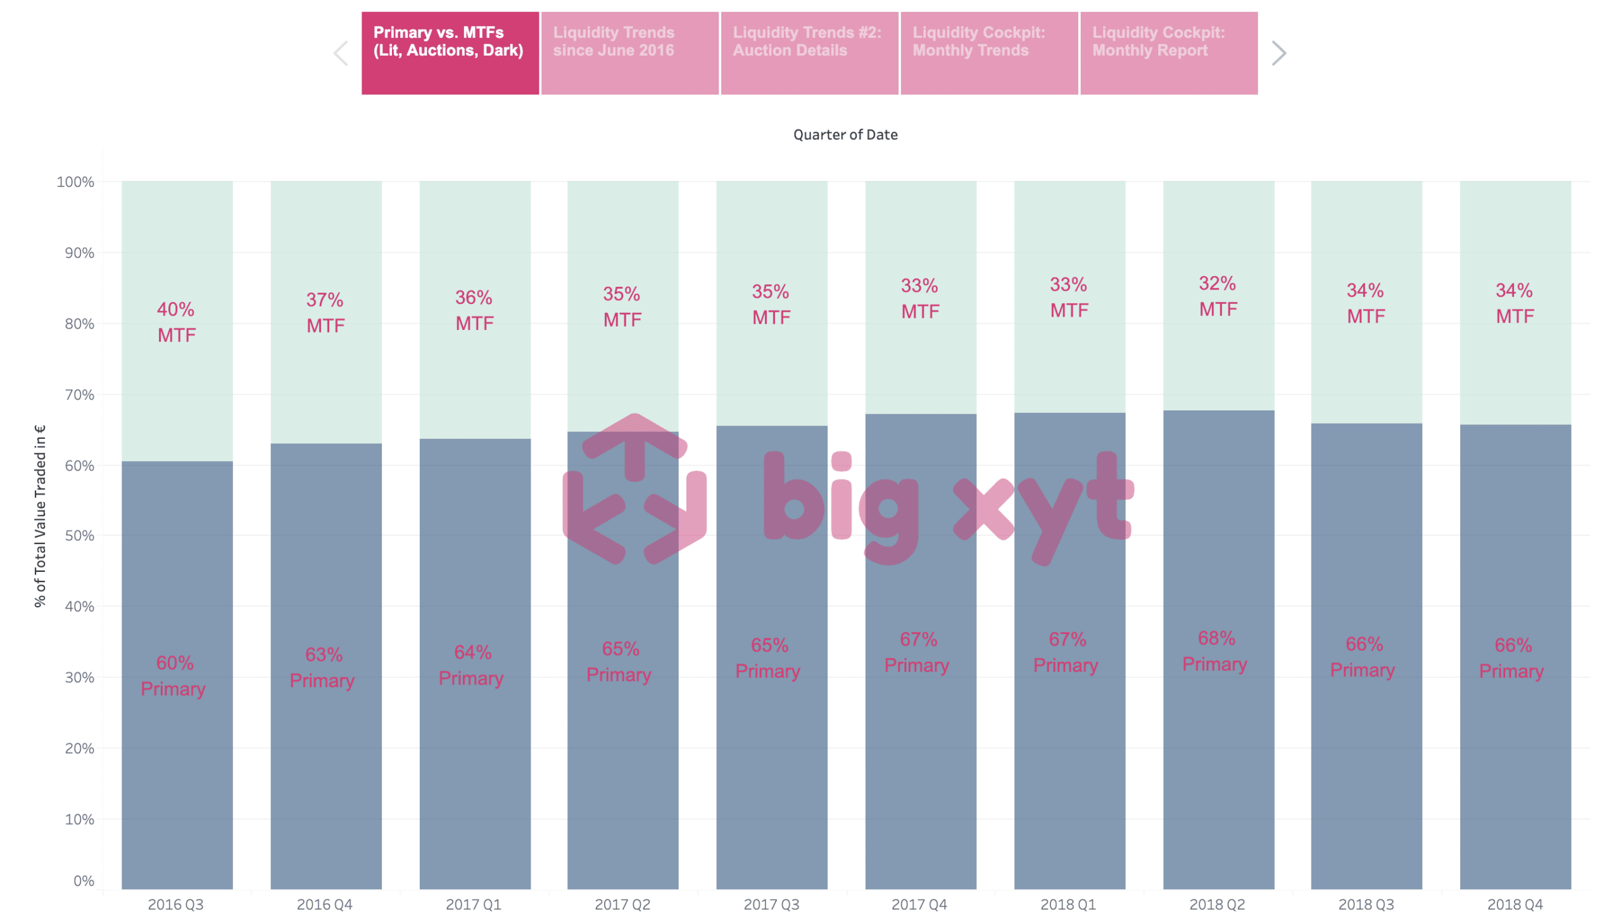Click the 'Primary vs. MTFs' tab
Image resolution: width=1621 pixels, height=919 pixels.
coord(450,53)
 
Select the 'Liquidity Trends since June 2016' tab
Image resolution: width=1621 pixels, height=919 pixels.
coord(629,53)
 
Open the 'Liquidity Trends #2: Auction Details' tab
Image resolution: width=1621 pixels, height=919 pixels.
coord(809,53)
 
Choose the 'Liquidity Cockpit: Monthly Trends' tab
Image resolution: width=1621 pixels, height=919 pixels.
coord(989,53)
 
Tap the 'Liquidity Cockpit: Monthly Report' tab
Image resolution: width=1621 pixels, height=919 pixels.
coord(1169,53)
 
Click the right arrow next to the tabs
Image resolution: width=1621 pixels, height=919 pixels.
coord(1278,53)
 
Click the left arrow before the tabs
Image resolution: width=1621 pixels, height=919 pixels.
coord(341,53)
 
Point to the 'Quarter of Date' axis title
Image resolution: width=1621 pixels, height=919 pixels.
coord(845,134)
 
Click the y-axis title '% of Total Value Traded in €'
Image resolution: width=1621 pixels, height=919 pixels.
coord(40,516)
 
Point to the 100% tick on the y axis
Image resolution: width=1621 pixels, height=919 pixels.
coord(75,182)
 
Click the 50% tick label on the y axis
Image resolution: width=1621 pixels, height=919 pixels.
coord(79,536)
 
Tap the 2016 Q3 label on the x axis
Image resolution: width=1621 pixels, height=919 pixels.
coord(176,904)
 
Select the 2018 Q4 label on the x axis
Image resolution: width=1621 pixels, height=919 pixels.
coord(1515,904)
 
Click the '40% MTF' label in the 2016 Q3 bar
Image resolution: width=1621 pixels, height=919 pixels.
coord(177,322)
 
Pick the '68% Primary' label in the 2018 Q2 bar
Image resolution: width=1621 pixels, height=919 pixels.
coord(1215,651)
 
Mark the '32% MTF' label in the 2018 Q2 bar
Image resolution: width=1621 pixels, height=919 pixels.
coord(1218,296)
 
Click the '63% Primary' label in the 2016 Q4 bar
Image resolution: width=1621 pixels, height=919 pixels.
coord(322,668)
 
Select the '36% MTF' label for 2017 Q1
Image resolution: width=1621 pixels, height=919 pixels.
coord(474,310)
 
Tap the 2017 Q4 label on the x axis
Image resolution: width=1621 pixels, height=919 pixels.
coord(919,904)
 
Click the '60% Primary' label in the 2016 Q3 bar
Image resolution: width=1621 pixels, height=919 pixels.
coord(173,676)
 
